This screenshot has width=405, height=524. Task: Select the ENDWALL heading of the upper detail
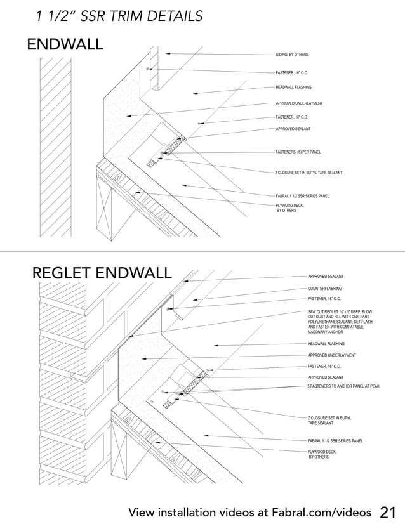tap(64, 45)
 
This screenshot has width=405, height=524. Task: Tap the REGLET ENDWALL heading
tap(102, 273)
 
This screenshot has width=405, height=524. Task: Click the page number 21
tap(388, 512)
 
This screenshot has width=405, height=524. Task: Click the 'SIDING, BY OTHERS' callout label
tap(291, 55)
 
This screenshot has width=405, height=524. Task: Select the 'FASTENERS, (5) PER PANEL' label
tap(298, 152)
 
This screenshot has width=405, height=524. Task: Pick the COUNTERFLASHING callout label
tap(324, 289)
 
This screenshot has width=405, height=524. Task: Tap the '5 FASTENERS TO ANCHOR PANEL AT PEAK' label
tap(343, 386)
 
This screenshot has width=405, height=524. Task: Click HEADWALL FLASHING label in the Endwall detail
tap(293, 87)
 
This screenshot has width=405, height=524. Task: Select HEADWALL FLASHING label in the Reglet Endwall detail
tap(326, 343)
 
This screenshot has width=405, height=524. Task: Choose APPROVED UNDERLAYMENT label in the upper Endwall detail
tap(299, 103)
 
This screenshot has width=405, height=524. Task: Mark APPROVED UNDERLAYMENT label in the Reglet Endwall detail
tap(331, 355)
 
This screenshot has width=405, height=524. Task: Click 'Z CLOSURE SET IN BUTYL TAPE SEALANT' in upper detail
tap(309, 173)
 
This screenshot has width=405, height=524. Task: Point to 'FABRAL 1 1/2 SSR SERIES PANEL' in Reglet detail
tap(335, 440)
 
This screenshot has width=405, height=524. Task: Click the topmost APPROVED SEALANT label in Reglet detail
tap(326, 277)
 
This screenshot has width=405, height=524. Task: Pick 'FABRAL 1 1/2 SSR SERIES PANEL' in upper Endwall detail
tap(302, 196)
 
